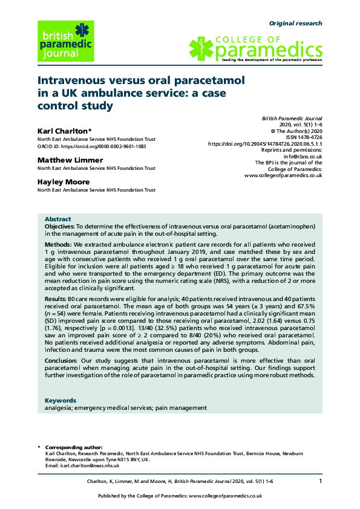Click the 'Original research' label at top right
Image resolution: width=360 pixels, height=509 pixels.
[295, 24]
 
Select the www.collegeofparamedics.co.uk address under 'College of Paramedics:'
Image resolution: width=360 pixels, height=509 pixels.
[283, 176]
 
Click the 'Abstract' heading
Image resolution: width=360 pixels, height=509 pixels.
[58, 219]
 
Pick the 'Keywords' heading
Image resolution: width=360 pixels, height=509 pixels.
[61, 400]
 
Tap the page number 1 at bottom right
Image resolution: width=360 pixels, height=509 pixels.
[321, 481]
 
